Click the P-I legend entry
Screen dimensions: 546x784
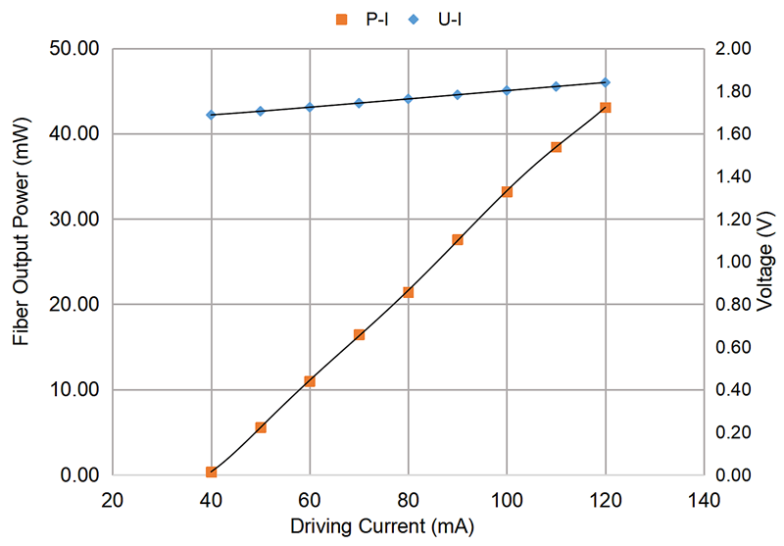pyautogui.click(x=365, y=17)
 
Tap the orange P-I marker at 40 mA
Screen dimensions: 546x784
pyautogui.click(x=211, y=472)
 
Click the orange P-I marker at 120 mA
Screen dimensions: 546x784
pyautogui.click(x=606, y=107)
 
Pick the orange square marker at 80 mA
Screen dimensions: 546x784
pyautogui.click(x=409, y=292)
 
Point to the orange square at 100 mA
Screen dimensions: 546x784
pyautogui.click(x=507, y=191)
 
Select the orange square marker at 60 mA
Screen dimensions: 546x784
pyautogui.click(x=310, y=381)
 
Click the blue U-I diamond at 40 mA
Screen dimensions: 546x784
pyautogui.click(x=211, y=115)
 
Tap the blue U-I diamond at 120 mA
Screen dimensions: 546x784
pyautogui.click(x=606, y=82)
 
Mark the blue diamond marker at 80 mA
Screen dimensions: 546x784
pyautogui.click(x=409, y=99)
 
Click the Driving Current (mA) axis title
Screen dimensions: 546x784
pyautogui.click(x=408, y=526)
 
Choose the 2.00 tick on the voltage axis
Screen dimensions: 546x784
pyautogui.click(x=733, y=48)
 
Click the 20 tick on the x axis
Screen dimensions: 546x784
pyautogui.click(x=113, y=499)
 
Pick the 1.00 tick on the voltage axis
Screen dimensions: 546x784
pyautogui.click(x=733, y=262)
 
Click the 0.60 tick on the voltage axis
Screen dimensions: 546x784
pyautogui.click(x=733, y=347)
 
